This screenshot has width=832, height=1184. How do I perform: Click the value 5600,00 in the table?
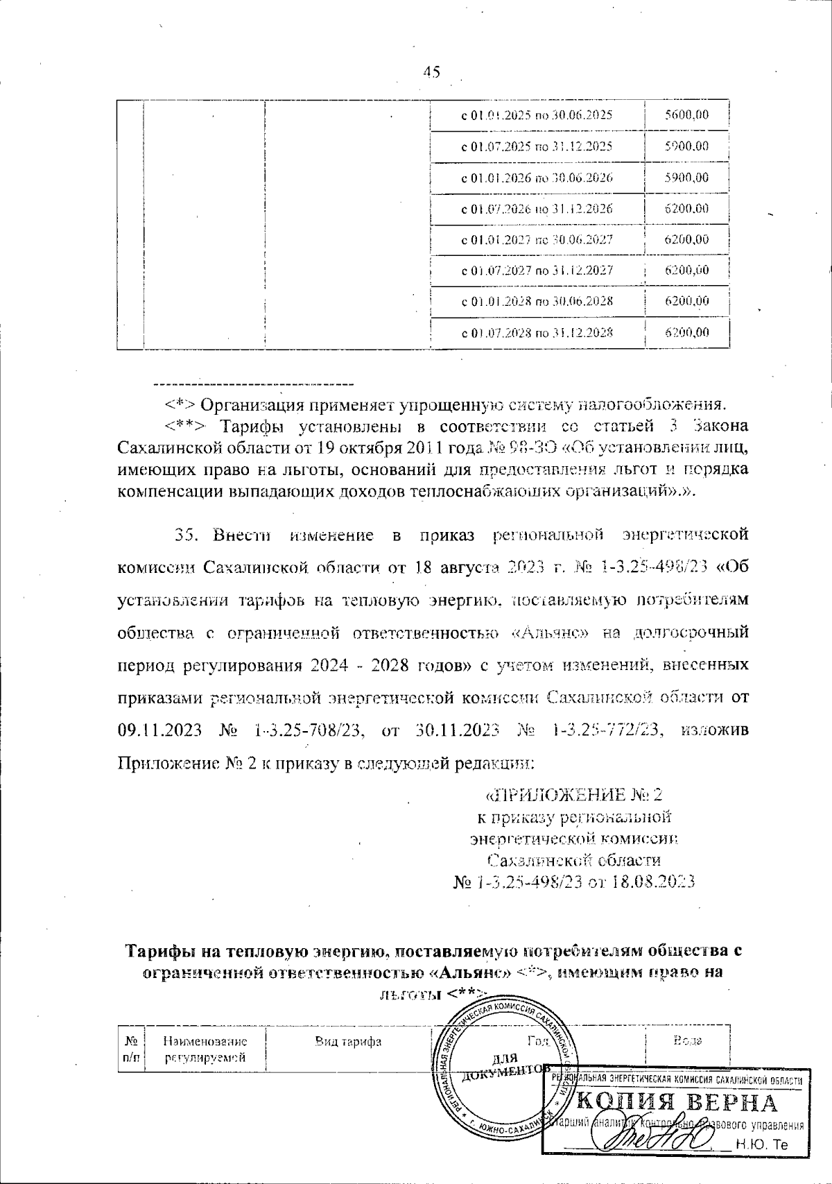(x=686, y=115)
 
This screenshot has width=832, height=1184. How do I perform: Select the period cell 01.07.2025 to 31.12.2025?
(x=537, y=146)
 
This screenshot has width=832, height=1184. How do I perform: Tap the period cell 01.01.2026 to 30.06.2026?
(x=537, y=178)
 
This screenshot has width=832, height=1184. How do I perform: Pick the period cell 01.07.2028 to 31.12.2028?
(x=537, y=332)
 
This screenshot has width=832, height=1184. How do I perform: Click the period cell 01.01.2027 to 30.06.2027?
(x=537, y=239)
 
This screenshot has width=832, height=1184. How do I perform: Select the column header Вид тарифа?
(x=348, y=1041)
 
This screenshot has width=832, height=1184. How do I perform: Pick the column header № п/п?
(x=130, y=1049)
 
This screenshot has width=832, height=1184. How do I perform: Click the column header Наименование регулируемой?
(x=205, y=1049)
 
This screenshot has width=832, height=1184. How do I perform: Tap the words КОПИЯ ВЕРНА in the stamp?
(x=677, y=1103)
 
